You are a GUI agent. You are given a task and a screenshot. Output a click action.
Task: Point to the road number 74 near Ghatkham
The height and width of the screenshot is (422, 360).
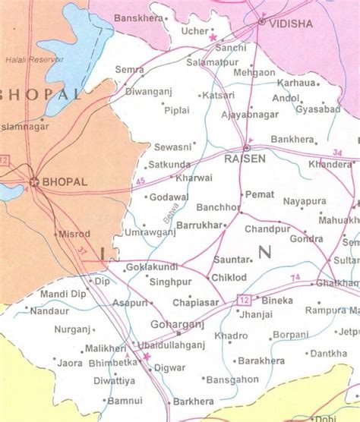pos(295,276)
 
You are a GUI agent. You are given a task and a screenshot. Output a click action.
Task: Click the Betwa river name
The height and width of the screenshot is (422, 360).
pos(169,216)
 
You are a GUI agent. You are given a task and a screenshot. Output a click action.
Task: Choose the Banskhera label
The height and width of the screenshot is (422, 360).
pos(135,17)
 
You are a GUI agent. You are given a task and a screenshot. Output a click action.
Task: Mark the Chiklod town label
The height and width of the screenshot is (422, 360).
pos(229,278)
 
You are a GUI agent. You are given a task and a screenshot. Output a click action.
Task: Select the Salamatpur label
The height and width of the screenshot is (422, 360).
pos(212,61)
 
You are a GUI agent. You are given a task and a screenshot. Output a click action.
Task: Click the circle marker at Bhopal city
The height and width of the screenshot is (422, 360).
pos(33,181)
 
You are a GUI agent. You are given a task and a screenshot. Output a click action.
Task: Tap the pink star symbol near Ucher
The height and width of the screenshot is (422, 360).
pos(213,36)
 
